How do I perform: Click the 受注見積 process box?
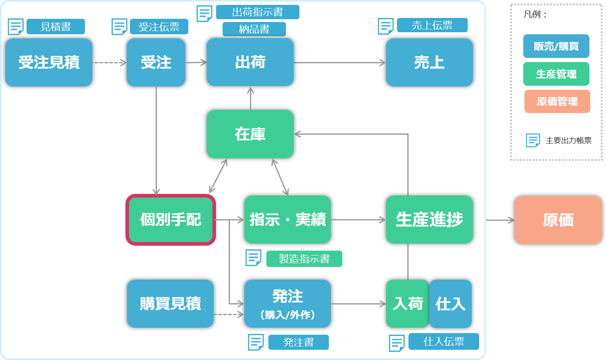(49, 62)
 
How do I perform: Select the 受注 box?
(156, 62)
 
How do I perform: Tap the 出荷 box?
(250, 62)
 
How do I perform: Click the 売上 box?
(429, 62)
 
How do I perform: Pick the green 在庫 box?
(250, 134)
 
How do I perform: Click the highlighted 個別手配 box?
(171, 220)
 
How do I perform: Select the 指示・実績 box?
(287, 220)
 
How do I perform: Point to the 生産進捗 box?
(429, 220)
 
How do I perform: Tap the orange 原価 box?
(558, 220)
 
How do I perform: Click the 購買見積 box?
(170, 304)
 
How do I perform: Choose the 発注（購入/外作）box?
(287, 304)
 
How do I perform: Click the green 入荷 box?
(407, 304)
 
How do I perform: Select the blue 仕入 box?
(451, 304)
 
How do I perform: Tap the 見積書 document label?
(56, 27)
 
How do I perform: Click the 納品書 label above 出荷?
(254, 29)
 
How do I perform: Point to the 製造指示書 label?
(304, 259)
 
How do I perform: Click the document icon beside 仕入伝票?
(397, 343)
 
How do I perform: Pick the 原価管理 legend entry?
(557, 101)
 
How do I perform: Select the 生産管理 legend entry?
(556, 74)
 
